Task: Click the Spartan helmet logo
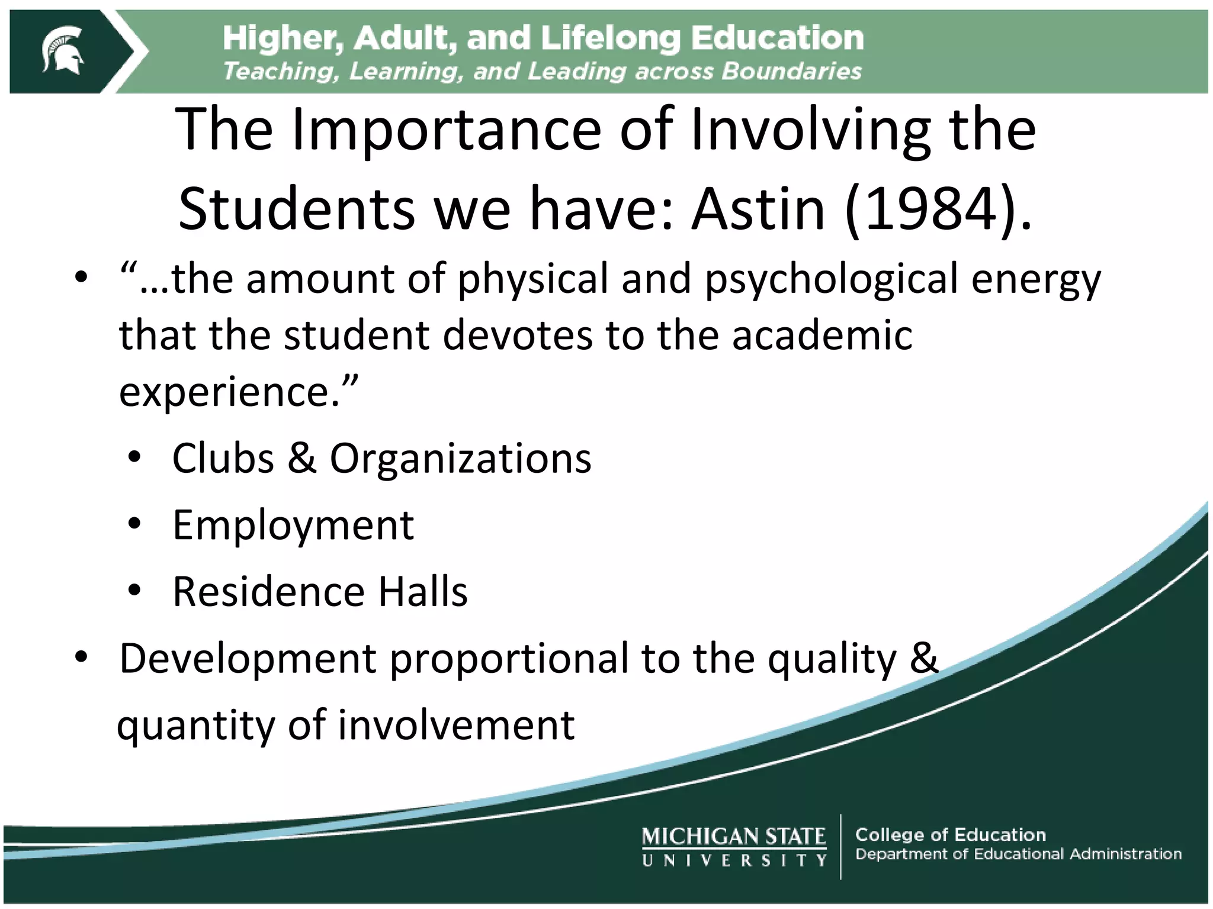[x=62, y=50]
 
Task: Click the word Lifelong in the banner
[x=611, y=38]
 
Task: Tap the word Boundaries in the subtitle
[x=791, y=72]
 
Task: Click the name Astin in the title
[x=759, y=209]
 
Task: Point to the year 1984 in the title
[x=932, y=209]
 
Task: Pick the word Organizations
[x=460, y=459]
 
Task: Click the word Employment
[x=293, y=526]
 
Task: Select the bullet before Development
[x=82, y=657]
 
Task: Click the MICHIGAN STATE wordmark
[x=733, y=836]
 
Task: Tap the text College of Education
[x=950, y=834]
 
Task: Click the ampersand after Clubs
[x=302, y=458]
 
